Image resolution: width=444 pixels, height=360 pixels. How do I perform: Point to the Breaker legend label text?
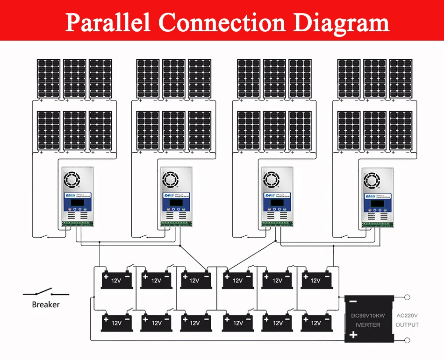pos(46,305)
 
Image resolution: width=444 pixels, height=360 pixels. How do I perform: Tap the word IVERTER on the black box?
pos(368,325)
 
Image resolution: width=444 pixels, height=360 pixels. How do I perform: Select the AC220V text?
pos(407,316)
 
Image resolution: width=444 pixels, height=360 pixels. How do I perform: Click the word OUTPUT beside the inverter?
pos(407,325)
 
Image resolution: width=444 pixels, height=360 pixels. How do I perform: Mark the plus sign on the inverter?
pos(353,334)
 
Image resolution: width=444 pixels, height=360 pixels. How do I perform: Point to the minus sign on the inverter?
pos(353,303)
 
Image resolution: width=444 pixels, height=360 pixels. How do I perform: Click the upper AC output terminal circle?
pos(408,297)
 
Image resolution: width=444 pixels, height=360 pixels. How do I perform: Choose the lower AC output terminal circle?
pos(408,340)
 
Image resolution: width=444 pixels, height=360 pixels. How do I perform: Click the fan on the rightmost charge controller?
pos(372,179)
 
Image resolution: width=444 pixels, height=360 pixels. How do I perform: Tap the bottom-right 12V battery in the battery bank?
pos(316,322)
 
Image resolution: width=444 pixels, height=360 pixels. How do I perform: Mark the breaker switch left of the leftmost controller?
pos(45,237)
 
